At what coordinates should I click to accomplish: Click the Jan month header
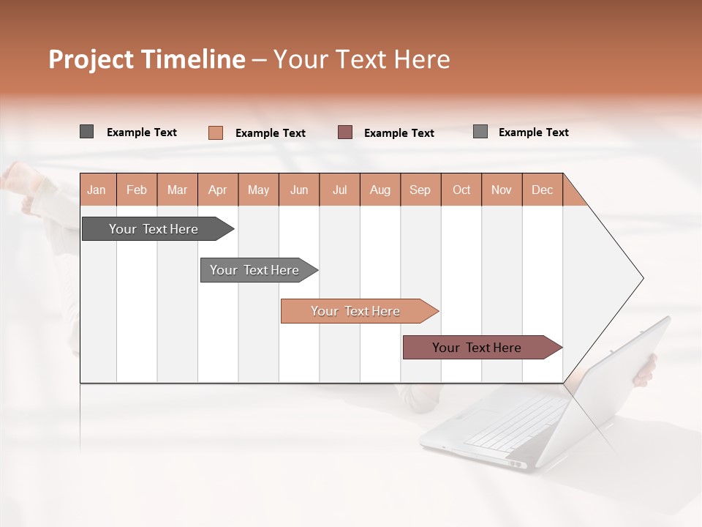[x=97, y=190]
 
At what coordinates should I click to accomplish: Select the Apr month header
[x=217, y=190]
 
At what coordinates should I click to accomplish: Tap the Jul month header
[x=339, y=190]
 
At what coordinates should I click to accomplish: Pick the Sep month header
[x=420, y=190]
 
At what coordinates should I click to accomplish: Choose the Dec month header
[x=542, y=190]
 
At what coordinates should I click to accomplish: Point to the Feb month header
[x=137, y=190]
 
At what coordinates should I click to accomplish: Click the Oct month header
[x=461, y=190]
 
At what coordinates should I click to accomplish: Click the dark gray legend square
[x=86, y=132]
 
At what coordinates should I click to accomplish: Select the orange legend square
[x=215, y=132]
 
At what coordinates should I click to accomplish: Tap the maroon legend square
[x=345, y=132]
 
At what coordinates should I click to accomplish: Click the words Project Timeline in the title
[x=146, y=59]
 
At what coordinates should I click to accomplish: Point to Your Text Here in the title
[x=361, y=59]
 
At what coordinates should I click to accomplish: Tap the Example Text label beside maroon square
[x=399, y=133]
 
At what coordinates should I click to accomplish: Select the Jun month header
[x=299, y=190]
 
